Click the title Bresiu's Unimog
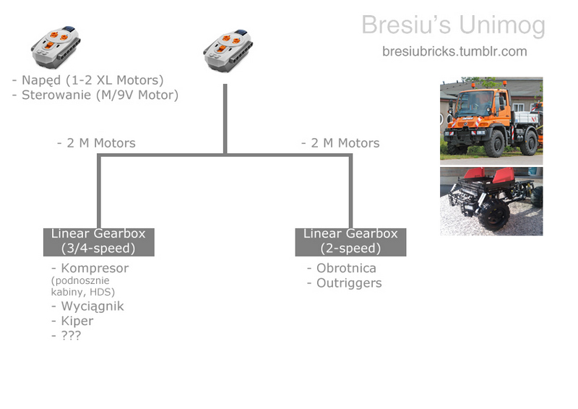(453, 25)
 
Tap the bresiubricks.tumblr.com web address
(454, 51)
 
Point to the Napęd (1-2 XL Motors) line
(88, 79)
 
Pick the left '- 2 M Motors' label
(96, 143)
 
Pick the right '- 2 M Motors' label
(340, 143)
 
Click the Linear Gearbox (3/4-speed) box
(98, 241)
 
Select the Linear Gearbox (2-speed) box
(350, 241)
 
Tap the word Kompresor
(95, 268)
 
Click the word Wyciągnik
(92, 306)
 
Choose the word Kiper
(77, 321)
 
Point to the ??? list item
(71, 335)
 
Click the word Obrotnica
(346, 268)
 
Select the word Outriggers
(349, 283)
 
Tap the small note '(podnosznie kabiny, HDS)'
(82, 286)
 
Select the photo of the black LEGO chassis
(491, 201)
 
